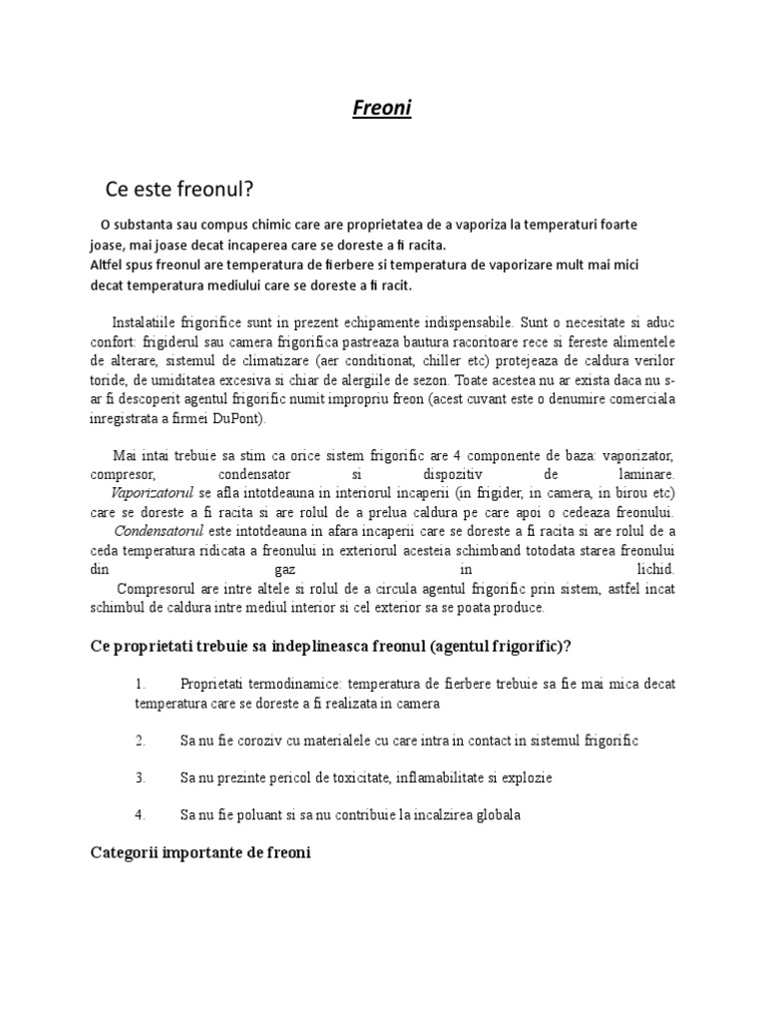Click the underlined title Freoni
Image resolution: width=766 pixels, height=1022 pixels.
tap(382, 108)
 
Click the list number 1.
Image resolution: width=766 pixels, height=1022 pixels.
tap(141, 684)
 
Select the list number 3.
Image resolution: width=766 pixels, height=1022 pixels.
tap(141, 777)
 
